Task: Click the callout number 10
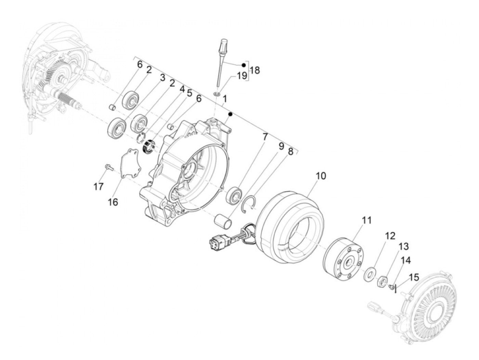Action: pyautogui.click(x=321, y=176)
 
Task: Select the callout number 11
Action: pyautogui.click(x=366, y=220)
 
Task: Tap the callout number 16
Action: pyautogui.click(x=113, y=202)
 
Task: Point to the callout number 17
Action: pyautogui.click(x=99, y=187)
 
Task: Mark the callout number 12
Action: pyautogui.click(x=390, y=236)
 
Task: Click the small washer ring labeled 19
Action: pyautogui.click(x=216, y=94)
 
